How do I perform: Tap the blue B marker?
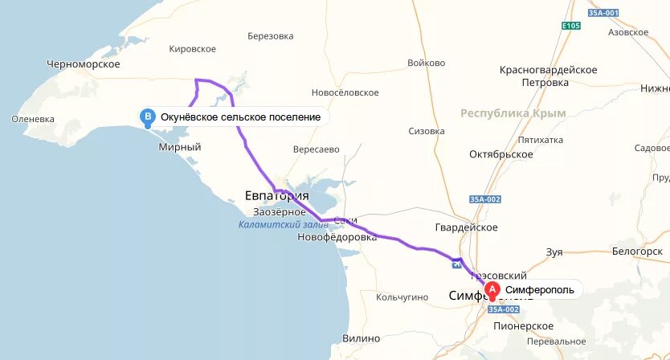coord(148,117)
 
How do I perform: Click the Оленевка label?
coord(33,119)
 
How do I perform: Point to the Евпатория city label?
coord(276,196)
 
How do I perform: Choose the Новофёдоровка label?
coord(337,238)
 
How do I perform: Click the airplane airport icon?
coord(457,262)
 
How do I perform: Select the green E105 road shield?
coord(571,26)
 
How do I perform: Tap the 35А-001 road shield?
coord(580,14)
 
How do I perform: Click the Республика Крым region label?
coord(513,113)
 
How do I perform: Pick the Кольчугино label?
coord(402,297)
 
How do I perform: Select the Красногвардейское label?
coord(548,70)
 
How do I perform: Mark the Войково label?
coord(426,63)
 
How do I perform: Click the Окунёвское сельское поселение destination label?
coord(240,117)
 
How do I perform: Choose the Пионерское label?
coord(523,325)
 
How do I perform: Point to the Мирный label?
coord(180,147)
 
